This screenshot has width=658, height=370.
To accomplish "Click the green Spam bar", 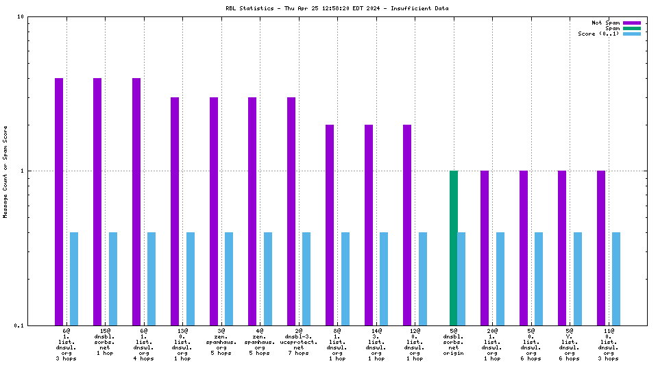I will coord(454,248).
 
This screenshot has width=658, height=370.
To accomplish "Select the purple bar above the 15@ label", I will coord(97,201).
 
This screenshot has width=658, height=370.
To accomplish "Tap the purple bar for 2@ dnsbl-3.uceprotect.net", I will coord(291,211).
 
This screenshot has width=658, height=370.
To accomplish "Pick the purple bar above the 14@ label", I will coord(369,225).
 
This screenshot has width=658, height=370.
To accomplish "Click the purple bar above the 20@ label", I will coord(485,248).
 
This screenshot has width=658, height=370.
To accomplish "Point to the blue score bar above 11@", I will coord(616,279).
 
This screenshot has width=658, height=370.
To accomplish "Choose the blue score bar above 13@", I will coord(191,279).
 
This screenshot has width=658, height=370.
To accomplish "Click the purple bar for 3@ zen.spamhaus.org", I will coord(214,211).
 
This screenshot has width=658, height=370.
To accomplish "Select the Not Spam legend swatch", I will coord(631,23).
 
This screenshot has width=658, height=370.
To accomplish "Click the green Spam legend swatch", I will coord(631,28).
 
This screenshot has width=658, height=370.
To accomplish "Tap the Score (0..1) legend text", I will coord(598,34).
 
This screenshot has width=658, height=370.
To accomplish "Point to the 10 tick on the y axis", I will coord(21,16).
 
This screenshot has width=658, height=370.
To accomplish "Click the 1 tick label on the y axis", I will coord(23,171).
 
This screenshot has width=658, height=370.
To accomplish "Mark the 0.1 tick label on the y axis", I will coord(20,325).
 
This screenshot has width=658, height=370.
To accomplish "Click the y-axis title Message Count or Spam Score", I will coord(5,171).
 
